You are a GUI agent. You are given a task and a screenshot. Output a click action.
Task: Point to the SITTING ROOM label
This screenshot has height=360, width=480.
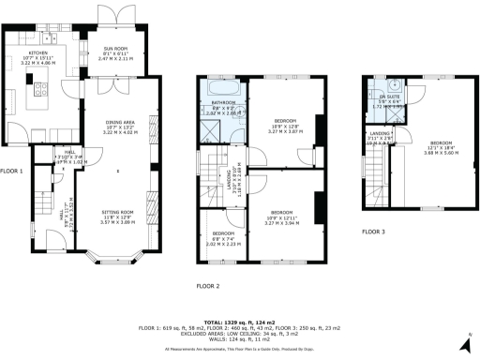(117, 213)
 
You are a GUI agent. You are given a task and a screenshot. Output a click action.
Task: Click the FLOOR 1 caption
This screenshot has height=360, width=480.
(11, 172)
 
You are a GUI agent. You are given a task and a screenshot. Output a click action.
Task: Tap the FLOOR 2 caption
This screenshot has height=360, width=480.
(207, 285)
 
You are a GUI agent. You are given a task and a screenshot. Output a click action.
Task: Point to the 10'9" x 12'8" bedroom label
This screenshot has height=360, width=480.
(285, 121)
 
